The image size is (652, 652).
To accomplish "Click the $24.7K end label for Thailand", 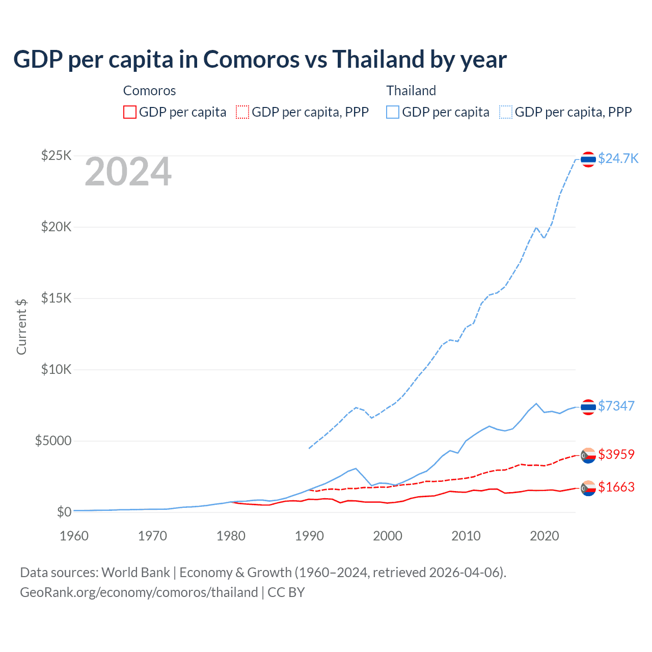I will click(x=618, y=158).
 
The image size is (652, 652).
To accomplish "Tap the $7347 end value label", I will click(x=616, y=406).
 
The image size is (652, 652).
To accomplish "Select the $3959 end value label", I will click(x=616, y=454).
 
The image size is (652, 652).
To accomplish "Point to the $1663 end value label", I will click(x=616, y=487).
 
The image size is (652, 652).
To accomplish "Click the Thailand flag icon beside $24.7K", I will click(x=588, y=159).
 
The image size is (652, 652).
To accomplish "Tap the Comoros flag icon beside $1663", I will click(x=588, y=488).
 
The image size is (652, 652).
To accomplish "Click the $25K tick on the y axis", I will click(x=56, y=155).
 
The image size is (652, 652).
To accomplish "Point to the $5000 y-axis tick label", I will click(x=53, y=441).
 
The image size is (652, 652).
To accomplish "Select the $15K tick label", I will click(x=56, y=298).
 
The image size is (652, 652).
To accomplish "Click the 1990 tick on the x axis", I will click(x=309, y=536).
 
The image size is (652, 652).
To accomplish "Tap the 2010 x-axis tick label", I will click(x=466, y=536).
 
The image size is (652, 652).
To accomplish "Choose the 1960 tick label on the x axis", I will click(x=74, y=536).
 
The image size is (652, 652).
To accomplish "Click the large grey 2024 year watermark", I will click(x=128, y=172).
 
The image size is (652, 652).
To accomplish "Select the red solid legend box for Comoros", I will click(x=130, y=112).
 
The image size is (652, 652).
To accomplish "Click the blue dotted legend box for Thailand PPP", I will click(x=506, y=112).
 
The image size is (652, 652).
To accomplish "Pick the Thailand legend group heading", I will click(x=411, y=91).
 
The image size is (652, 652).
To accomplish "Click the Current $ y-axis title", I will click(x=21, y=327).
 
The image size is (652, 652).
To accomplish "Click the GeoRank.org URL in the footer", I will click(x=139, y=592).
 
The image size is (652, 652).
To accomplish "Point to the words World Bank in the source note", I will click(x=135, y=573).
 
